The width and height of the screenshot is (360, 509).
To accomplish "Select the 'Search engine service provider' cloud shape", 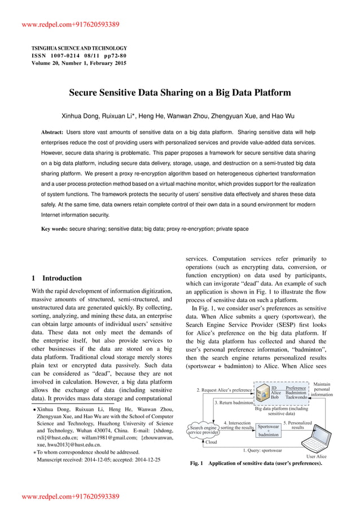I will click(x=203, y=430).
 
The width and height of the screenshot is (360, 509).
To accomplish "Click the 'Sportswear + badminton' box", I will click(x=268, y=431).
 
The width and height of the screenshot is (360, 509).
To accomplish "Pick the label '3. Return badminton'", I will click(x=234, y=403).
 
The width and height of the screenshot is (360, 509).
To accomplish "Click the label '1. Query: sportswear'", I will click(x=262, y=450).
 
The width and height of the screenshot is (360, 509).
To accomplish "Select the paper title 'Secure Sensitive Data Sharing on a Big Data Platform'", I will click(x=179, y=91).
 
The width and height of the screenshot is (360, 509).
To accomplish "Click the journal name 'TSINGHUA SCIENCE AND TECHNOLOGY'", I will click(x=79, y=48).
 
